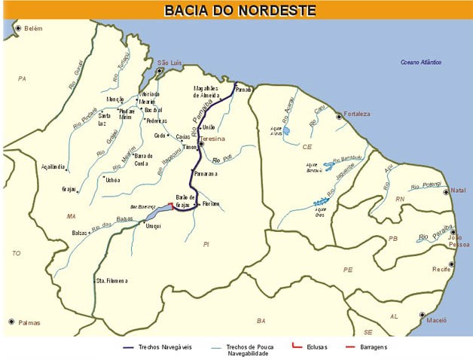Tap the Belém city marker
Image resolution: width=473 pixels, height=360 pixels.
point(18,28)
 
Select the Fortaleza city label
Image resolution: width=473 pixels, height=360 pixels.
point(357,114)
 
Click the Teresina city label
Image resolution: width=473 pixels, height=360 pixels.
point(213,139)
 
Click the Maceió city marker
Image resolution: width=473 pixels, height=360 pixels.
point(422,315)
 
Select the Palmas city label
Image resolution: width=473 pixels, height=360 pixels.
point(30,323)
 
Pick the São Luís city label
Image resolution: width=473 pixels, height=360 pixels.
point(170,63)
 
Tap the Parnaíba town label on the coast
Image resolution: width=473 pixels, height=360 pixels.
point(243,90)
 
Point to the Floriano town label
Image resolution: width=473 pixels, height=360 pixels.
point(210,203)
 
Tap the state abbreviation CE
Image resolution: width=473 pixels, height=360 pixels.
point(307,147)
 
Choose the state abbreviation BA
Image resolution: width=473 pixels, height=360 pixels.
point(261,321)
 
